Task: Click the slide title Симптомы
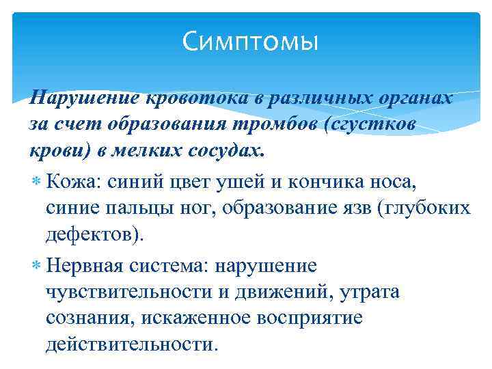click(x=251, y=43)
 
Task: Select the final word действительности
click(x=130, y=344)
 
